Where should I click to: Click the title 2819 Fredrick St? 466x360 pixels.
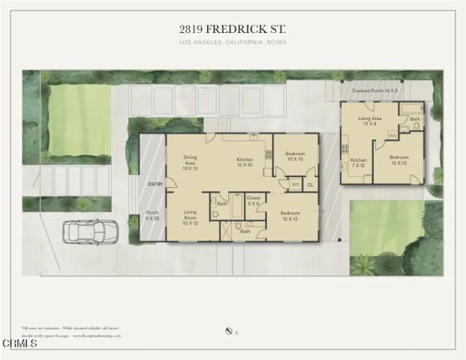coord(233,28)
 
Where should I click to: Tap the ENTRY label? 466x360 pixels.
coord(155,184)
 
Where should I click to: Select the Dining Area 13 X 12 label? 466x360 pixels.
coord(191,162)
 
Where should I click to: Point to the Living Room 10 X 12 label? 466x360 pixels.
coord(189,217)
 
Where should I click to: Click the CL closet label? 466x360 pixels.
coord(310,184)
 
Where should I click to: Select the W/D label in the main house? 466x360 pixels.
coord(295,184)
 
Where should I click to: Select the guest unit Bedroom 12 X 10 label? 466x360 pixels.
coord(399,160)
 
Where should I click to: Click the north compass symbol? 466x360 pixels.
coord(227,330)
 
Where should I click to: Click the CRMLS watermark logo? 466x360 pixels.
coord(20,344)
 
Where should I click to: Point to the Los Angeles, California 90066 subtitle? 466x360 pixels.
coord(233,43)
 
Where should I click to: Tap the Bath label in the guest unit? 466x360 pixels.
coord(414,119)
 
